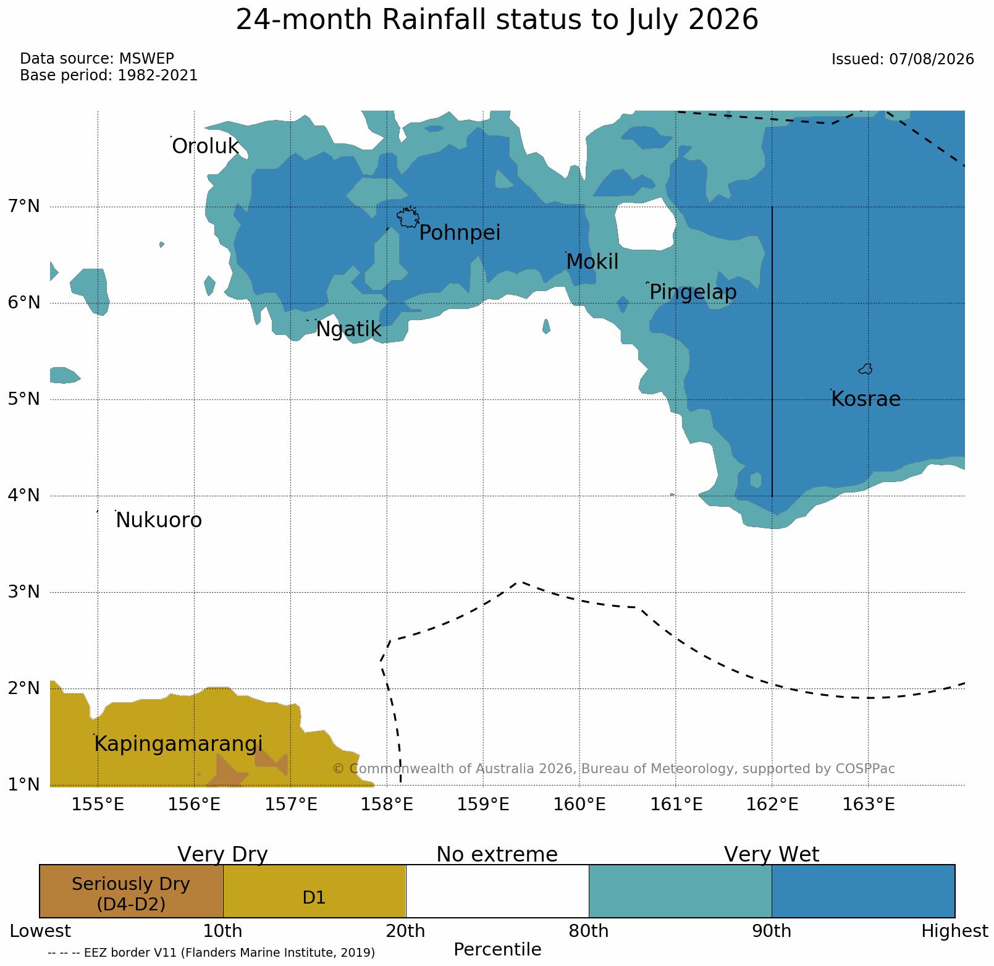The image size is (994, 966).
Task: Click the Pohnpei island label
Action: point(460,234)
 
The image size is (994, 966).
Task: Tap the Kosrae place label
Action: point(866,399)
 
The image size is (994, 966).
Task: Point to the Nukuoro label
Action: point(159,520)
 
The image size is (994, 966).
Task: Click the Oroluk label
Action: point(205,146)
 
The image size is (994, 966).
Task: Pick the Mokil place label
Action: point(592,262)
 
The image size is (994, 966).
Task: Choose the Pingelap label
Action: point(693,292)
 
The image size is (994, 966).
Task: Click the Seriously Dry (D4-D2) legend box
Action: point(131,891)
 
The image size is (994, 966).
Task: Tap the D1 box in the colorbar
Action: point(314,891)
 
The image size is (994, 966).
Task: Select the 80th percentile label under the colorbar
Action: point(589,931)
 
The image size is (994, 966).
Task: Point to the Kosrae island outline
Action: point(866,369)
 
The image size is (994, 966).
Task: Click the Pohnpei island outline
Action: point(408,218)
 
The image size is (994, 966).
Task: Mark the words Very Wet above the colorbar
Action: point(772,855)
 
